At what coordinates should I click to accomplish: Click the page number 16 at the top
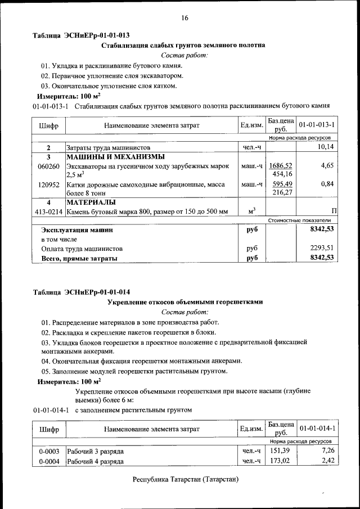pyautogui.click(x=184, y=18)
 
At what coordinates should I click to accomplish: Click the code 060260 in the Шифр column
pyautogui.click(x=48, y=166)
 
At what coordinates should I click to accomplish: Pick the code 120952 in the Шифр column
pyautogui.click(x=48, y=184)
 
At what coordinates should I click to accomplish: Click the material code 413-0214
pyautogui.click(x=48, y=211)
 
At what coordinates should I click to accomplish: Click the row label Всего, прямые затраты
pyautogui.click(x=79, y=258)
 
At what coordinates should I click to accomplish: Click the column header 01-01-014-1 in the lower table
pyautogui.click(x=317, y=429)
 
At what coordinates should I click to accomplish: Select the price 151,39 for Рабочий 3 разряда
pyautogui.click(x=280, y=451)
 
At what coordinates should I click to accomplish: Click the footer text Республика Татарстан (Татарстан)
pyautogui.click(x=185, y=480)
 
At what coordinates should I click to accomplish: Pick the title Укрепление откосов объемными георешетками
pyautogui.click(x=184, y=302)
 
